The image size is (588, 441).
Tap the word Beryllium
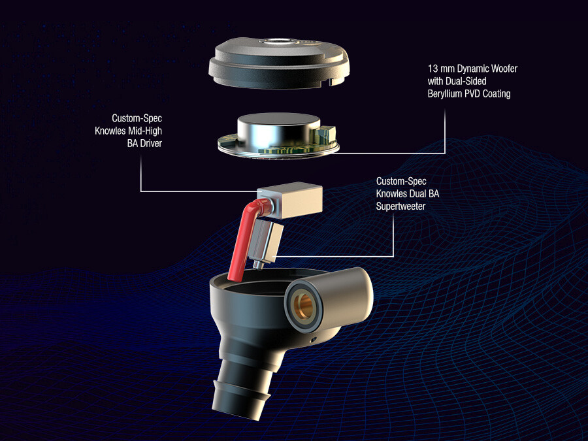coord(445,93)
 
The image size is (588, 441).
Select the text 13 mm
coord(440,69)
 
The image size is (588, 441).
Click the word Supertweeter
coord(400,206)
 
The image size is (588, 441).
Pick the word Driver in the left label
coord(150,143)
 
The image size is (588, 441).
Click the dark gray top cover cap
coord(279,63)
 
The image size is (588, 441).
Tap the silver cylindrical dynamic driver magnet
coord(278,133)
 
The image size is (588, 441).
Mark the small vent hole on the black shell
coord(314,340)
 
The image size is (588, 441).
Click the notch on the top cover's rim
coord(331,81)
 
